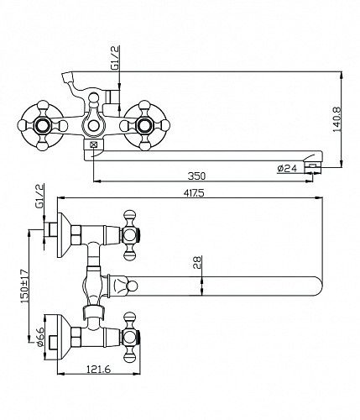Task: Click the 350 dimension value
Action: (x=196, y=176)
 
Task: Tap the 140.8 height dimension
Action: (x=337, y=119)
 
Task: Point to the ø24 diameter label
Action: (x=287, y=168)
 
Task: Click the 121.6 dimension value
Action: (x=98, y=370)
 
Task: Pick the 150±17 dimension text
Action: (x=24, y=286)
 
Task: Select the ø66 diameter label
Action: (x=39, y=337)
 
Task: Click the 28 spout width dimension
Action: (x=197, y=263)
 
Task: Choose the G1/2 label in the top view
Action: (x=39, y=196)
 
